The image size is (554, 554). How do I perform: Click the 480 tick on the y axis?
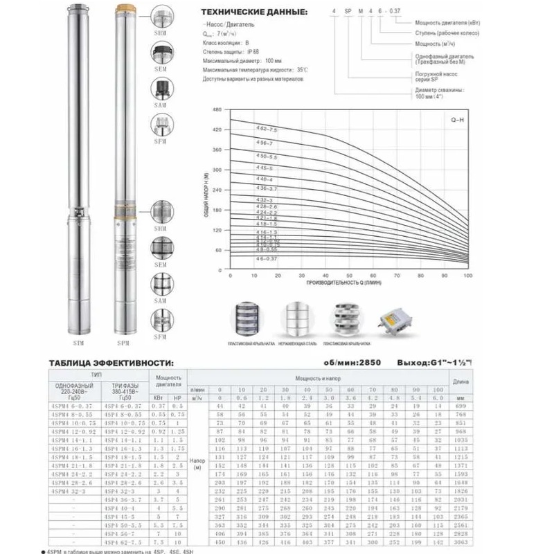point(217,110)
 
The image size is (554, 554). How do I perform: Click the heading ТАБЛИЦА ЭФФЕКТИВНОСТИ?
point(110,362)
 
